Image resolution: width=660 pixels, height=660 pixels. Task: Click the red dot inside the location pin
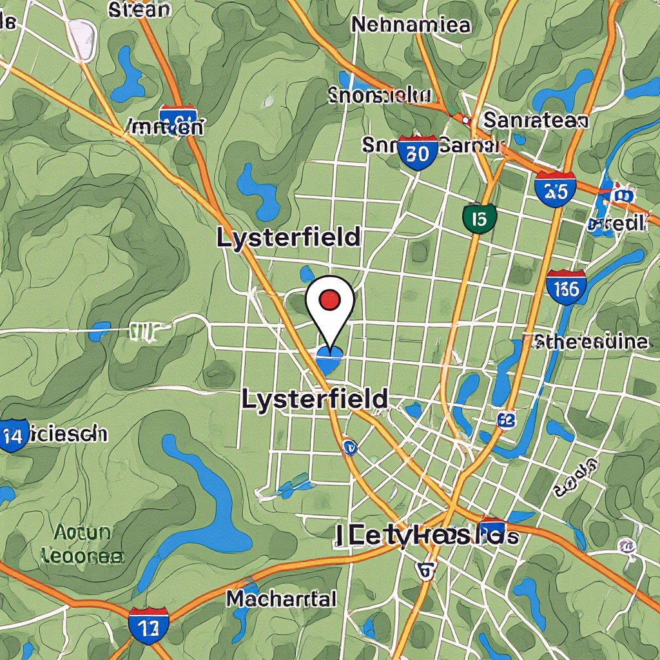pyautogui.click(x=330, y=299)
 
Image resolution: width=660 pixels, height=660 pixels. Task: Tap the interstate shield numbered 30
pyautogui.click(x=418, y=153)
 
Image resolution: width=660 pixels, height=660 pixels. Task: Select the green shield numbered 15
pyautogui.click(x=479, y=218)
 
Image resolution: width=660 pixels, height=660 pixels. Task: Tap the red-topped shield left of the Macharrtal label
pyautogui.click(x=148, y=625)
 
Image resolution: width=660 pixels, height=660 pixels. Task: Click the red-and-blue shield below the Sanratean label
pyautogui.click(x=555, y=189)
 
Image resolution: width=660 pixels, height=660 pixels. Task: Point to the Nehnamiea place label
pyautogui.click(x=411, y=25)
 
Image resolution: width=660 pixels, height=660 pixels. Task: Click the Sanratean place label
pyautogui.click(x=535, y=121)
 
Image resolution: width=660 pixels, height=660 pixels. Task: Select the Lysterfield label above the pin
pyautogui.click(x=287, y=238)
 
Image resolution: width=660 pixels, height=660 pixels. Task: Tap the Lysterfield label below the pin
pyautogui.click(x=315, y=400)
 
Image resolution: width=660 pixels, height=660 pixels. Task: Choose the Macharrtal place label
pyautogui.click(x=281, y=599)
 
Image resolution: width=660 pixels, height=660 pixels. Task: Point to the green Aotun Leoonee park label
pyautogui.click(x=82, y=543)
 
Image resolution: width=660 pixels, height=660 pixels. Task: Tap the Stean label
pyautogui.click(x=140, y=10)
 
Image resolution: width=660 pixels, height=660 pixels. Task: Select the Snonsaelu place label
pyautogui.click(x=379, y=96)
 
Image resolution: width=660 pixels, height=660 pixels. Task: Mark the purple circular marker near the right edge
pyautogui.click(x=626, y=547)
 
